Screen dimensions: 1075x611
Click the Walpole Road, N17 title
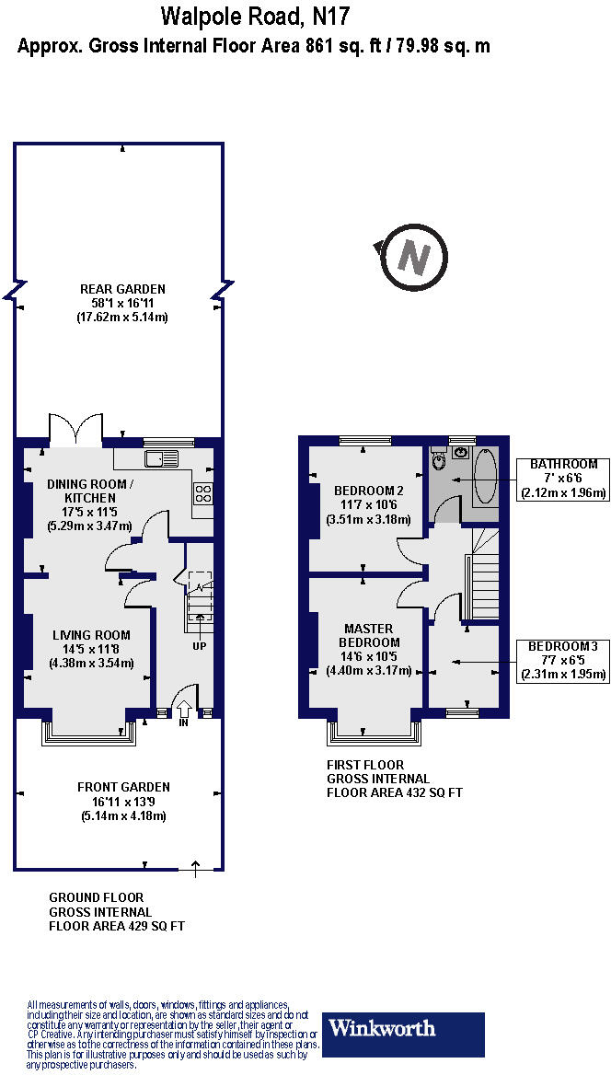click(255, 16)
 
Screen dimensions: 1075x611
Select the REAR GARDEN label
click(121, 289)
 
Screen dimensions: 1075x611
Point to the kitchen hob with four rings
click(203, 492)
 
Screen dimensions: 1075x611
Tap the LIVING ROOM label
click(91, 635)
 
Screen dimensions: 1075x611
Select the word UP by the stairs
click(199, 645)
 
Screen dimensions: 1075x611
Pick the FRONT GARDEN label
click(123, 787)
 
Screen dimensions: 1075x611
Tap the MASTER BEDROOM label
click(369, 635)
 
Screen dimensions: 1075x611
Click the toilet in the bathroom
click(439, 459)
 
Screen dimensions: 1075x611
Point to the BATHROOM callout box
click(562, 479)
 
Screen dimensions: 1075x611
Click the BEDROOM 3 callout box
click(562, 660)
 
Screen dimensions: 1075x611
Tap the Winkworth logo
click(403, 1035)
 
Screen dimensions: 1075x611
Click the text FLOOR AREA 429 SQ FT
click(117, 927)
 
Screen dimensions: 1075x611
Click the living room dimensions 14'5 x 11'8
click(91, 649)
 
